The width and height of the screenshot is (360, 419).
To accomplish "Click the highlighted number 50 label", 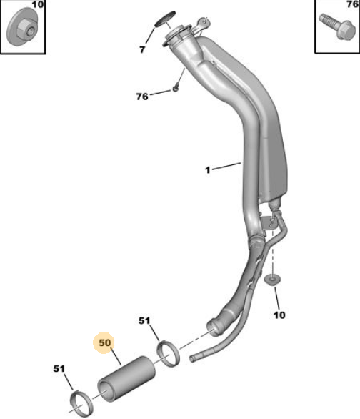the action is point(104,342).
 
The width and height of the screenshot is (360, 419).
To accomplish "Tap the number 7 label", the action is point(142,49).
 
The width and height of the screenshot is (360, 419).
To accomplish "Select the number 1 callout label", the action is point(208,169).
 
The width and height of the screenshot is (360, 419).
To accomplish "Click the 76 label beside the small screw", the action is point(142,97).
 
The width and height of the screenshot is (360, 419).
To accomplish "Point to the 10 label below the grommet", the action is point(279,315).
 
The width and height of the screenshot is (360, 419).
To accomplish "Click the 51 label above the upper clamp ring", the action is point(144,320).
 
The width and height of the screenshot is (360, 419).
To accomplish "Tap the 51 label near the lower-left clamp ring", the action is point(59,369).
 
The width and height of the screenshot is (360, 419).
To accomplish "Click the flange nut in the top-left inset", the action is point(22,27).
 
